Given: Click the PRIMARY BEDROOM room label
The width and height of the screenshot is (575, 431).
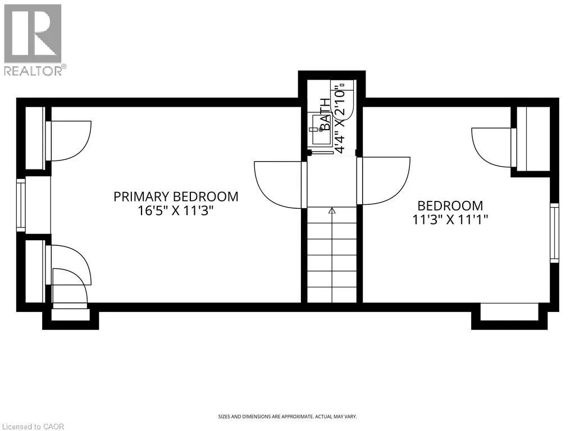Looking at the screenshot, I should click(x=176, y=196).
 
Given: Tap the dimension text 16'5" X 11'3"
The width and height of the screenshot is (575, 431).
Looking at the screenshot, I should click(x=176, y=211).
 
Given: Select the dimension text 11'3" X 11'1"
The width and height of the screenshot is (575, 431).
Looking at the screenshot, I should click(x=450, y=220).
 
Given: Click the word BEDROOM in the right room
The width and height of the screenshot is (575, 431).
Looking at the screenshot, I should click(x=450, y=205).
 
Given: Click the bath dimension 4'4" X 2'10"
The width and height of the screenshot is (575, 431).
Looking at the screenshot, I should click(x=339, y=118).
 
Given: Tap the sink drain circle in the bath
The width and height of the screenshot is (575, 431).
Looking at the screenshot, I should click(x=322, y=130).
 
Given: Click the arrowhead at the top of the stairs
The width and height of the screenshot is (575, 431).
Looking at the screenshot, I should click(x=332, y=211).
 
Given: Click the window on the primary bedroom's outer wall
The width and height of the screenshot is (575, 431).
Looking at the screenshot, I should click(x=21, y=205).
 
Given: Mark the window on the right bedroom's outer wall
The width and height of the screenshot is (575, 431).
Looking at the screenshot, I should click(x=554, y=232).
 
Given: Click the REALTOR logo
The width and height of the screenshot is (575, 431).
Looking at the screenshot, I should click(x=33, y=39).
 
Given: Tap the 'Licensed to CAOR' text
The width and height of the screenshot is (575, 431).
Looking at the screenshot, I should click(x=33, y=427).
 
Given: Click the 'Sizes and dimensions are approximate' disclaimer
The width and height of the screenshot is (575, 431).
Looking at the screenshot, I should click(x=287, y=416).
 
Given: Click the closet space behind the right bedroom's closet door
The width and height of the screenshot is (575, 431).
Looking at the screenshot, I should click(x=533, y=139).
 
